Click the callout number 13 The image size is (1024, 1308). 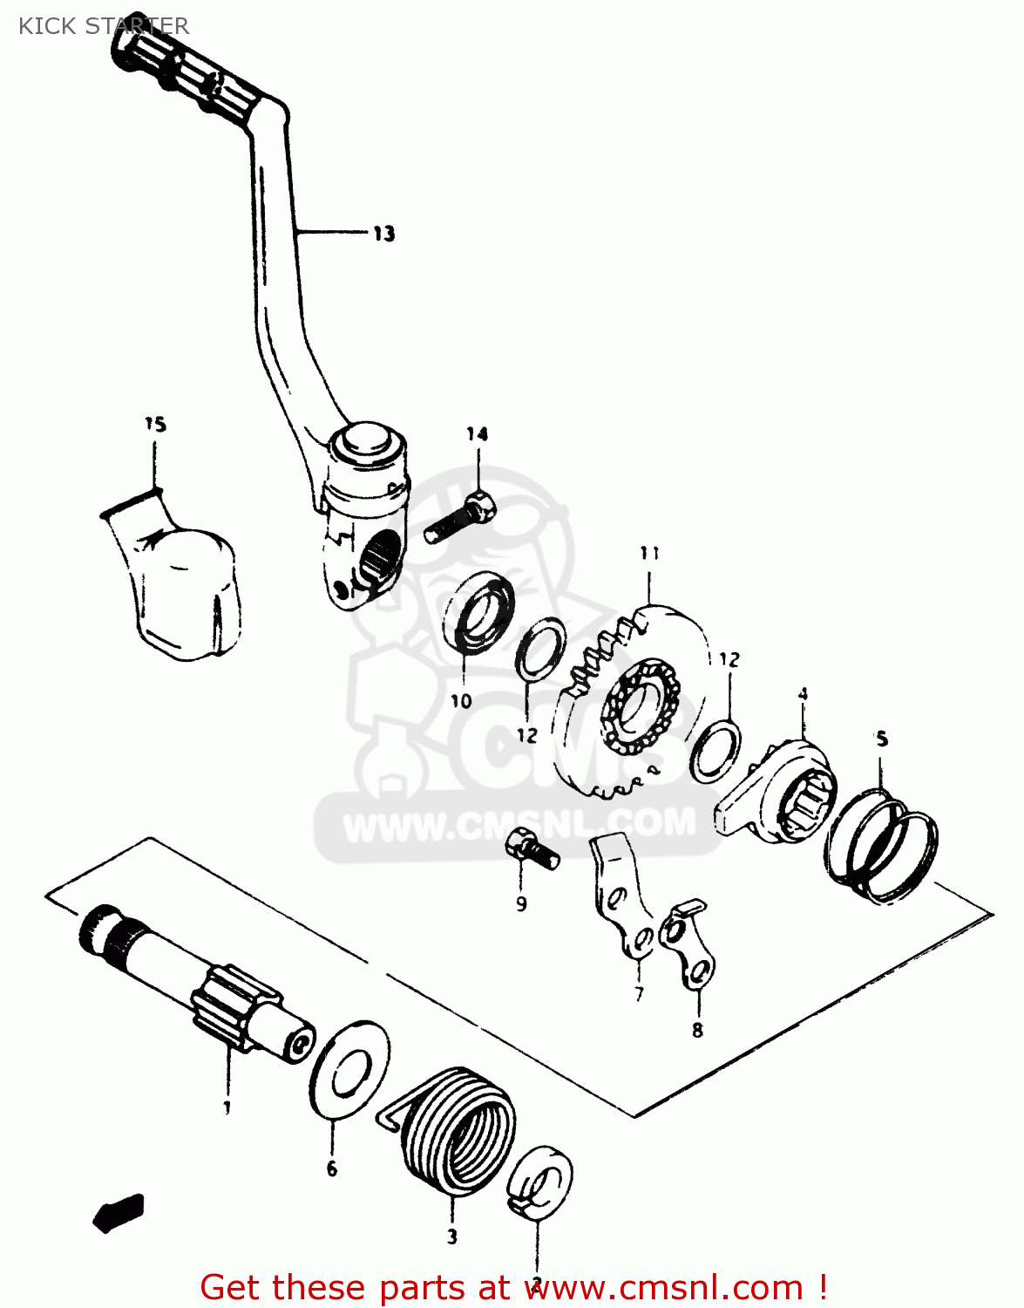(383, 234)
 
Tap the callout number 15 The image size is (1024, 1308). (155, 425)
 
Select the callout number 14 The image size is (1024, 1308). (477, 434)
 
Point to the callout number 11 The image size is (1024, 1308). (649, 553)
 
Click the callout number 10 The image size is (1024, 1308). (461, 700)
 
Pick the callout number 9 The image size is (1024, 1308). (521, 904)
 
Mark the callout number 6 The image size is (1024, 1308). (332, 1168)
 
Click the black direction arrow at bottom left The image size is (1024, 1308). (119, 1212)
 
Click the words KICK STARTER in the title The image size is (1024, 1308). (103, 26)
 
